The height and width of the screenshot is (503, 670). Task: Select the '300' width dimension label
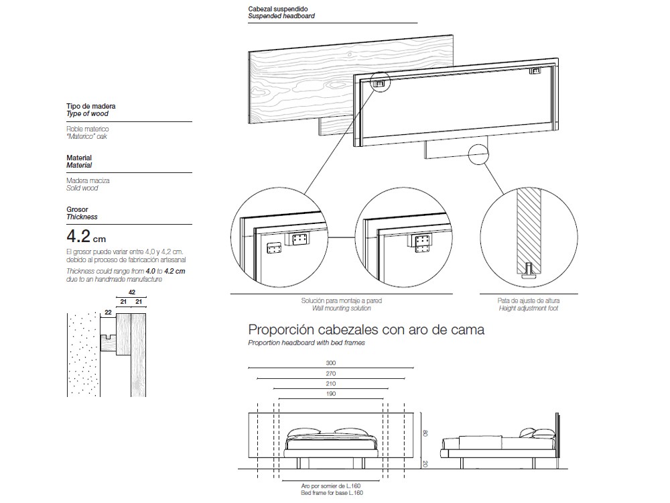pyautogui.click(x=330, y=363)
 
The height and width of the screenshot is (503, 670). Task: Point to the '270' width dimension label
pyautogui.click(x=330, y=373)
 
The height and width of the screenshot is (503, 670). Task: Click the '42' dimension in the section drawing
pyautogui.click(x=131, y=292)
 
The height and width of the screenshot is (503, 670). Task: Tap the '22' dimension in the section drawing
pyautogui.click(x=107, y=312)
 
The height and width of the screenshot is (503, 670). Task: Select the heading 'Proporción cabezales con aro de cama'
pyautogui.click(x=366, y=330)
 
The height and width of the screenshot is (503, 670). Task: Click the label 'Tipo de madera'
pyautogui.click(x=90, y=107)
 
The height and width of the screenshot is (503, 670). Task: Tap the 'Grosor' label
pyautogui.click(x=77, y=209)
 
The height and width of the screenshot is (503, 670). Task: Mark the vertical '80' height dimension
pyautogui.click(x=424, y=434)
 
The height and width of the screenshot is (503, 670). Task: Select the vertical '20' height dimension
pyautogui.click(x=424, y=463)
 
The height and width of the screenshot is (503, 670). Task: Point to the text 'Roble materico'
pyautogui.click(x=87, y=128)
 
